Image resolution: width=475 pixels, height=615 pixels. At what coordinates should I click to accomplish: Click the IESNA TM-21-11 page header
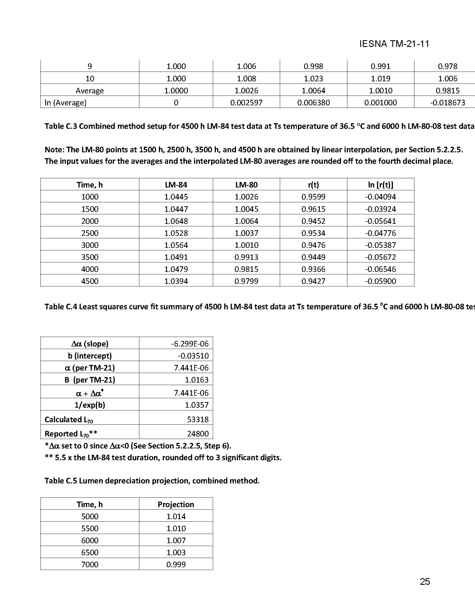394,44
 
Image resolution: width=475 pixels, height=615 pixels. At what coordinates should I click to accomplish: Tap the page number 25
425,581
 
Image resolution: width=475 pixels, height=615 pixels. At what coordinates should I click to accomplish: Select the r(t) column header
313,185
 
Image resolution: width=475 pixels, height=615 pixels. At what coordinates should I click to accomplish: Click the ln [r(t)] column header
380,185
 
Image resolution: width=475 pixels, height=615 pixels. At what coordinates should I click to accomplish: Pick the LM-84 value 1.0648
176,221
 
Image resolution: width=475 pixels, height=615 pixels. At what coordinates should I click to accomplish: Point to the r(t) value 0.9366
313,269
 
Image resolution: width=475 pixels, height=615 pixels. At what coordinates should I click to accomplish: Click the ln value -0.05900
380,281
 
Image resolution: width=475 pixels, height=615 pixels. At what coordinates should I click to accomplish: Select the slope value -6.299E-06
190,344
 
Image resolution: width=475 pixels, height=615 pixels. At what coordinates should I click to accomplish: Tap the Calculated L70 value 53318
198,420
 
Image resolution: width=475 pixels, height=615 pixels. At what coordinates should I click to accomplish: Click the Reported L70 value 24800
198,434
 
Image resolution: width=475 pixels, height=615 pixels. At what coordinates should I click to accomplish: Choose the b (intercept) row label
90,356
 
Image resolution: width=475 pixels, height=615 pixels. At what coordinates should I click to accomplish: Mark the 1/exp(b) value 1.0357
197,405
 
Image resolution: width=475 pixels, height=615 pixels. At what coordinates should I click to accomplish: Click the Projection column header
176,504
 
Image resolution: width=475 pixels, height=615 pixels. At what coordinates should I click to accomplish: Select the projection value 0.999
176,564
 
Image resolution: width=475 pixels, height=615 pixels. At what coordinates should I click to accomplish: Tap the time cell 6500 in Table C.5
90,552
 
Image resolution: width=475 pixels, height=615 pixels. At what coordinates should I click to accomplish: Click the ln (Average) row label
66,103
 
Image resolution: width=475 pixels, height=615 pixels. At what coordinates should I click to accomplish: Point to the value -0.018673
447,103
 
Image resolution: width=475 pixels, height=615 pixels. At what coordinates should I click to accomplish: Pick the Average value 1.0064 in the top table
313,91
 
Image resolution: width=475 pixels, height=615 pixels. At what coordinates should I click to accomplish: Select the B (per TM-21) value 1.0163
197,380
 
